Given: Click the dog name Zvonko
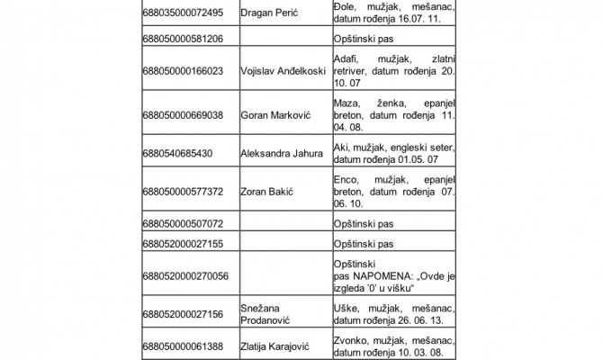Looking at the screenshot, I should [x=352, y=341].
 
